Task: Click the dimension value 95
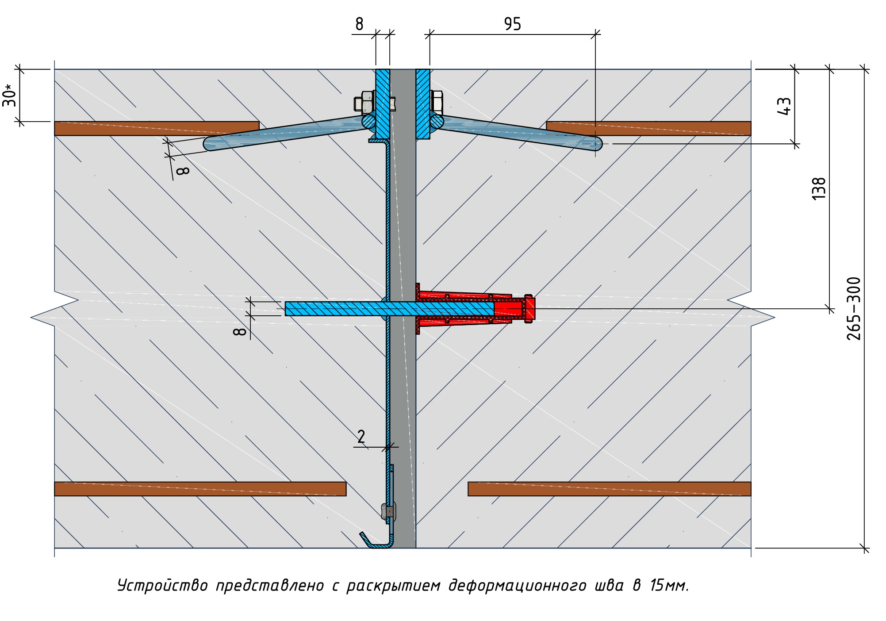[x=513, y=24]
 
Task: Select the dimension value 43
[x=784, y=106]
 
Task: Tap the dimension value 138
[x=819, y=188]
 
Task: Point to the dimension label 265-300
[x=854, y=308]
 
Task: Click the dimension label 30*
[x=10, y=95]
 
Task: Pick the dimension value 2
[x=361, y=437]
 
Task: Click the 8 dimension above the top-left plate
[x=359, y=24]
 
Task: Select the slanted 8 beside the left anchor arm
[x=183, y=170]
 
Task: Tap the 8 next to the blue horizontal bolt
[x=240, y=331]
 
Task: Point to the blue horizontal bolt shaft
[x=389, y=308]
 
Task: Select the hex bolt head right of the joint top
[x=436, y=102]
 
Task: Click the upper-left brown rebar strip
[x=157, y=128]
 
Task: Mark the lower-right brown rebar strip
[x=609, y=489]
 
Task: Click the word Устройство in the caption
[x=162, y=586]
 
